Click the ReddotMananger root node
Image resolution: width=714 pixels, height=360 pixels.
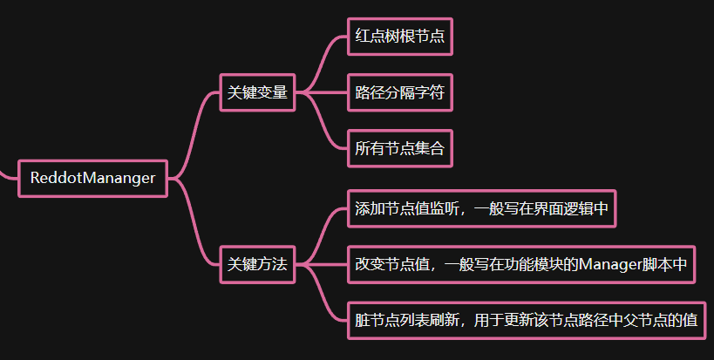(x=92, y=178)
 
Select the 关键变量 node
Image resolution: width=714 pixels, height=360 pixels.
(x=257, y=92)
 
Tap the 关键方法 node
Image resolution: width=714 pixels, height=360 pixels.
(x=257, y=264)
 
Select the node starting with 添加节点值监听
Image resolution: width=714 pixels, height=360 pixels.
(x=482, y=209)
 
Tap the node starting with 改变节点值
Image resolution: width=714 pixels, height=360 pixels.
(x=521, y=264)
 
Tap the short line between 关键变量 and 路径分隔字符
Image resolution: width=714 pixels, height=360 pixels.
(x=321, y=92)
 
